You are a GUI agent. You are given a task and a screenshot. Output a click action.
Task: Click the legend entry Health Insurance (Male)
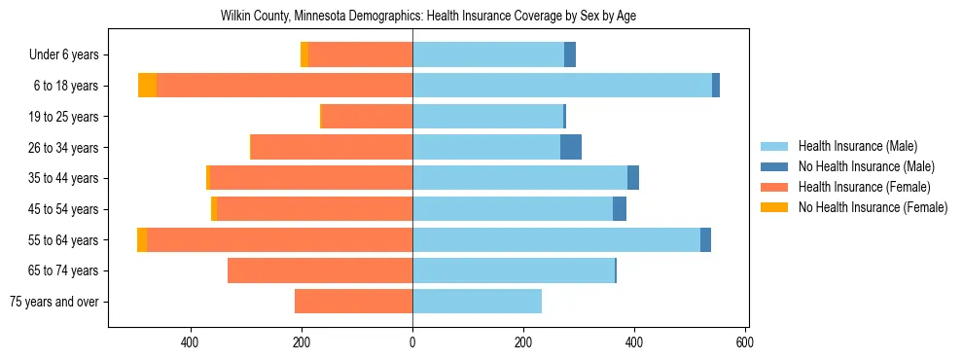(x=857, y=146)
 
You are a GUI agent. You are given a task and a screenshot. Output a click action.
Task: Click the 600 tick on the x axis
(x=746, y=343)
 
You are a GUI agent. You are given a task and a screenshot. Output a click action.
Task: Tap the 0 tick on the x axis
(x=412, y=343)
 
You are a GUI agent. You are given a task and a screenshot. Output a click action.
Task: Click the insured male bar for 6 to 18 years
(x=562, y=86)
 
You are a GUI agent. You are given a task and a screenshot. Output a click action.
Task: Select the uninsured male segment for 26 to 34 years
(x=571, y=147)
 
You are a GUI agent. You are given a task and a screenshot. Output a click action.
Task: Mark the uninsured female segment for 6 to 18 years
(x=148, y=86)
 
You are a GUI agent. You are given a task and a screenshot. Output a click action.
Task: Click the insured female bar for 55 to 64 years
(x=280, y=239)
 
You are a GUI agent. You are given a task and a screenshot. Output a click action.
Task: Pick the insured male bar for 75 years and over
(x=477, y=302)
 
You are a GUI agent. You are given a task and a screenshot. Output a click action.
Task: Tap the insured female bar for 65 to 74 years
(x=320, y=270)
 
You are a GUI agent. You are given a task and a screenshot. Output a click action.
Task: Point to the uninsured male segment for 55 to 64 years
(x=705, y=239)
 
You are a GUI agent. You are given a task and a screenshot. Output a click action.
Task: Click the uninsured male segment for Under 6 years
(x=570, y=55)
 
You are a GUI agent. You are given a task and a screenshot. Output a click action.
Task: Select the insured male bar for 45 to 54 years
(x=513, y=209)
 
